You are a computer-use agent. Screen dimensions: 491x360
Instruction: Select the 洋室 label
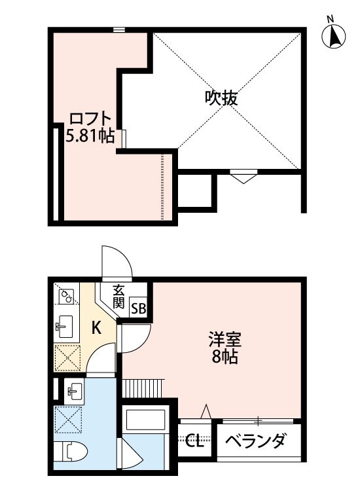pos(225,340)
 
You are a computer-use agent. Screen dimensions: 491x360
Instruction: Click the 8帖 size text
pos(225,357)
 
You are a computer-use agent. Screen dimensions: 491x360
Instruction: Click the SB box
pos(139,308)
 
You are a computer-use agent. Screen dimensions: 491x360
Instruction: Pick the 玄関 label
pos(118,296)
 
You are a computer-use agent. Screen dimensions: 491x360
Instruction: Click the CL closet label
pos(194,441)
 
